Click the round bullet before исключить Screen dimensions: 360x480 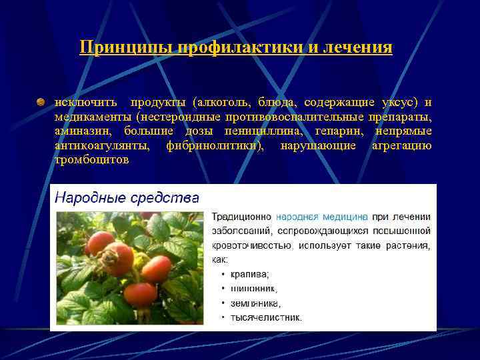coord(41,102)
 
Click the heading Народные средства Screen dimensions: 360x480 coord(127,198)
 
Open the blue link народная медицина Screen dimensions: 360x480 coord(321,217)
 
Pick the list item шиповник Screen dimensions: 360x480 coord(253,289)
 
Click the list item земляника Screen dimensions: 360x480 coord(255,303)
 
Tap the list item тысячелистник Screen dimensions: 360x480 coord(265,317)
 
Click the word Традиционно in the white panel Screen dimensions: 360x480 coord(241,217)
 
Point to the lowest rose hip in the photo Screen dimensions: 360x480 coord(140,293)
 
